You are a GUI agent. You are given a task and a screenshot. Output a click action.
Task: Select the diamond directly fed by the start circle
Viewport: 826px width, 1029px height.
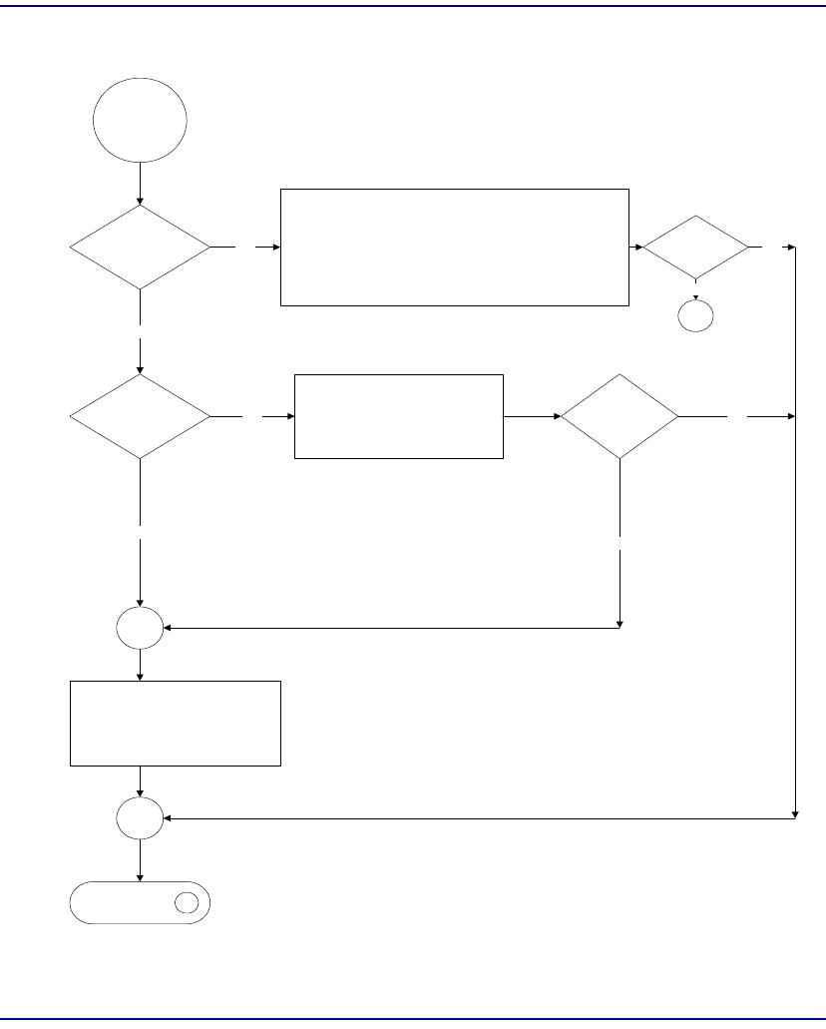139,247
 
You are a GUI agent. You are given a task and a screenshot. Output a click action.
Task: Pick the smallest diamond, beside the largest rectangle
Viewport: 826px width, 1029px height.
695,247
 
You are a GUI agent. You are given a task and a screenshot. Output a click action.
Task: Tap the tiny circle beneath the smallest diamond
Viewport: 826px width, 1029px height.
696,316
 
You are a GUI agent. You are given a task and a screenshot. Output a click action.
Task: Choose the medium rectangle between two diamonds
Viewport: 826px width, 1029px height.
398,416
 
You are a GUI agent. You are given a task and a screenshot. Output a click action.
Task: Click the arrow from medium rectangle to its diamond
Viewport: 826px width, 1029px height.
532,416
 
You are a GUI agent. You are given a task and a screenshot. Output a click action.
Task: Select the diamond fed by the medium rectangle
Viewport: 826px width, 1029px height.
619,416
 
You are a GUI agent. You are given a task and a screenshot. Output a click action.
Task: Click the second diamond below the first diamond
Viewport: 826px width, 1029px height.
139,416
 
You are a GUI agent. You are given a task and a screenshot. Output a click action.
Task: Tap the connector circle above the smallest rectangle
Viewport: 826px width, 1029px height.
139,628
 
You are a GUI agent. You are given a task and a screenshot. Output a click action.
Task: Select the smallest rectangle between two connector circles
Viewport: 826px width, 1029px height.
176,724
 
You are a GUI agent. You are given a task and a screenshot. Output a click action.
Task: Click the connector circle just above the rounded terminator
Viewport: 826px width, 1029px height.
139,818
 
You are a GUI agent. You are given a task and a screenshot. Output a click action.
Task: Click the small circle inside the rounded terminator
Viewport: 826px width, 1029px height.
187,903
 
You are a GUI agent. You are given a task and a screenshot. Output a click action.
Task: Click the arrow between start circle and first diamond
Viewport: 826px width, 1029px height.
139,184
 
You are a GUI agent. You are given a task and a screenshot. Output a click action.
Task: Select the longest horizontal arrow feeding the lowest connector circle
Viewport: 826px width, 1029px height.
479,818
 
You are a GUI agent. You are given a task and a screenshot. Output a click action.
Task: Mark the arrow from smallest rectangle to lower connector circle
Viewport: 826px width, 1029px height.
139,782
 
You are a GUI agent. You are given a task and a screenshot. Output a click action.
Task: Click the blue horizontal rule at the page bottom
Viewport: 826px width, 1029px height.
413,1019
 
